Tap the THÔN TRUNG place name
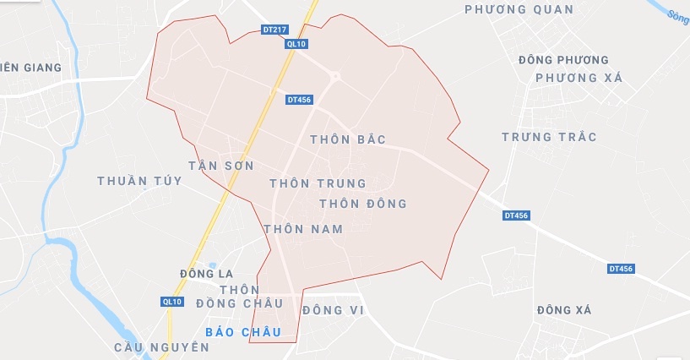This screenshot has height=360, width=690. (318, 183)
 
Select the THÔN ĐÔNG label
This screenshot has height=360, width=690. (363, 204)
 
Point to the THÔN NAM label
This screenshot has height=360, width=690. (303, 229)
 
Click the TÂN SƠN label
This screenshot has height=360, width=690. (220, 166)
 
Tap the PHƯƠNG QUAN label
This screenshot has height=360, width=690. (519, 10)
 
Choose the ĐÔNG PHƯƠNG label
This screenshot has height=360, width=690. (563, 60)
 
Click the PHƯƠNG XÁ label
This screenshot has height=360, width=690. (579, 78)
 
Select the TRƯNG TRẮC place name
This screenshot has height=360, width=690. (549, 137)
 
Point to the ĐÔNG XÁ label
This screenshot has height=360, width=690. (564, 310)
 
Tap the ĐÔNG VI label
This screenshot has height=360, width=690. (332, 310)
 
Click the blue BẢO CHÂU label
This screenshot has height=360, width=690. (243, 332)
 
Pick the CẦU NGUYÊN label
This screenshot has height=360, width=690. (162, 347)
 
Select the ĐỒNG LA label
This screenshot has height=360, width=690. (206, 275)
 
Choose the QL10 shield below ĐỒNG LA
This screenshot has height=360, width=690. (172, 302)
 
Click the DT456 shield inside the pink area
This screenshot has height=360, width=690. (299, 99)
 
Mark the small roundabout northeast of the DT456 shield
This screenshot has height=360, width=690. (334, 77)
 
